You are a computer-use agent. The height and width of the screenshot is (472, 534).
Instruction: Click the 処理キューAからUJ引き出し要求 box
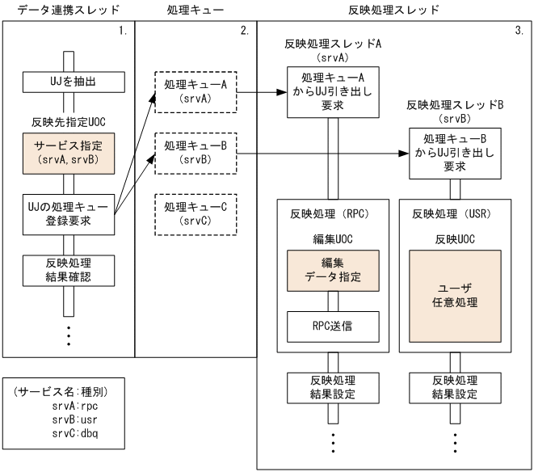tap(328, 91)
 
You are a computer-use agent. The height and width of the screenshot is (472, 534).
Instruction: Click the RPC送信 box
tap(328, 327)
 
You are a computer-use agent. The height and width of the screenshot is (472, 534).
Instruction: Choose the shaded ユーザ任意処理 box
tap(454, 296)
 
